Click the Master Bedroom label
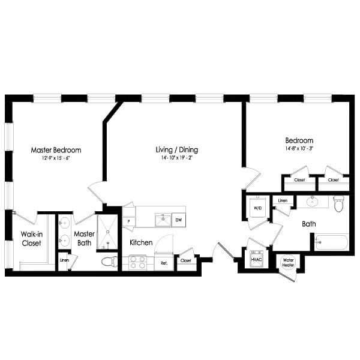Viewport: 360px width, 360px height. coord(56,150)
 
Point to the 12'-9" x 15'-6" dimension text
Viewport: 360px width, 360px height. coord(56,158)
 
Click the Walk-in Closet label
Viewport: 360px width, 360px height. coord(31,239)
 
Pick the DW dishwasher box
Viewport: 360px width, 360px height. coord(178,220)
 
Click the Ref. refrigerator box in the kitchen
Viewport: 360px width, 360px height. coord(162,262)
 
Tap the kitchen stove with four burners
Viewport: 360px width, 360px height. coord(138,262)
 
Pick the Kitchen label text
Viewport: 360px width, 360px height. coord(141,243)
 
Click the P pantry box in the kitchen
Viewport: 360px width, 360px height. coord(128,221)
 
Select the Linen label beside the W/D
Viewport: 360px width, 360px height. coord(283,200)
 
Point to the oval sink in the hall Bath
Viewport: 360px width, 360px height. coord(312,201)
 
